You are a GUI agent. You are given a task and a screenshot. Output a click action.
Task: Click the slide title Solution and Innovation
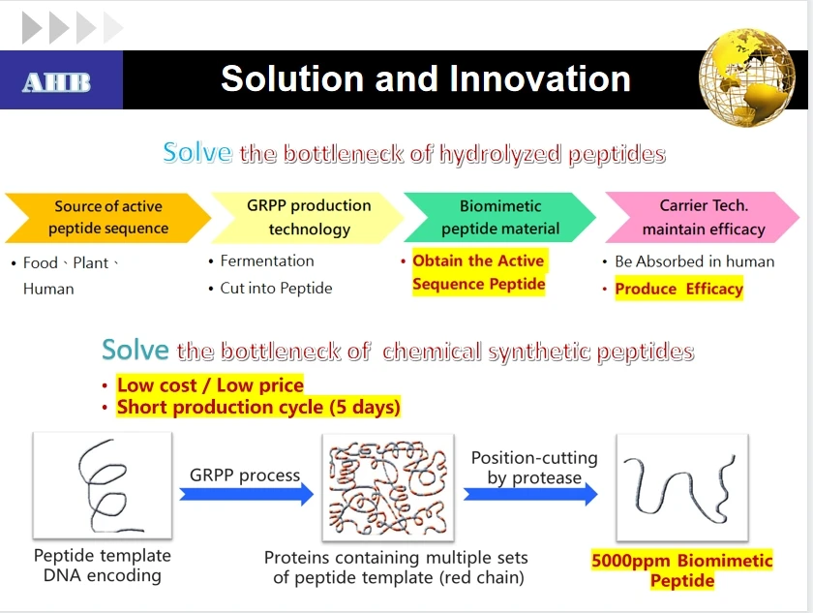click(x=425, y=78)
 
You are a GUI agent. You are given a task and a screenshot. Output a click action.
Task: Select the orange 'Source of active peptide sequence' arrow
click(x=107, y=218)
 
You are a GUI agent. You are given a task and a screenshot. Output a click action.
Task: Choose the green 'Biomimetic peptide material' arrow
click(x=499, y=218)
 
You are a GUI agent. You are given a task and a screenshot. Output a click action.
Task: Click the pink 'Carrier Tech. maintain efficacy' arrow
click(x=703, y=218)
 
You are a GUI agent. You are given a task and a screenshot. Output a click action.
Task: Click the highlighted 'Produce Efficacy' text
click(x=678, y=289)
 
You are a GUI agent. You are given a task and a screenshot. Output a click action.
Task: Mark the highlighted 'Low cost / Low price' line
click(x=210, y=384)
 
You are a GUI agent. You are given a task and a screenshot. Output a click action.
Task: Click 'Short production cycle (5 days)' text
click(x=258, y=407)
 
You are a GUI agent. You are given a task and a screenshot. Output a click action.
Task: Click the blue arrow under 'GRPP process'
click(x=247, y=494)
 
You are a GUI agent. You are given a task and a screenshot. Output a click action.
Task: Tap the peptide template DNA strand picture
click(x=102, y=484)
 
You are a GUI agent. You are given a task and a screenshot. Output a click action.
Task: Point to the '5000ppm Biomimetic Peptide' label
click(x=681, y=570)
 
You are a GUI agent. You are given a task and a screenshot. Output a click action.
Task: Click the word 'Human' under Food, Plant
click(x=48, y=289)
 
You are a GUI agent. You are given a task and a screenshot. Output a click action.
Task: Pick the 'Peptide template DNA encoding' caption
click(x=102, y=566)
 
